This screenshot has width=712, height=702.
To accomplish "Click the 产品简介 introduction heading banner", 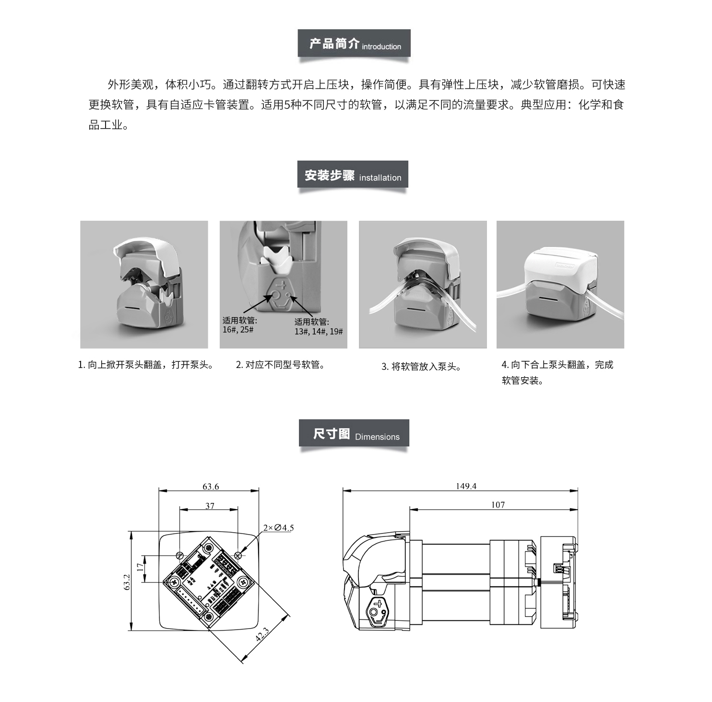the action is point(354,44).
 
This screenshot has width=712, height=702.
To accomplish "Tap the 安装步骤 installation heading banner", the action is point(353,175).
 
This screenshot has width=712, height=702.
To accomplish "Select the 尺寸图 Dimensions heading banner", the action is point(354,434).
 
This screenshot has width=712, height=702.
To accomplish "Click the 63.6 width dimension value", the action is point(211,487).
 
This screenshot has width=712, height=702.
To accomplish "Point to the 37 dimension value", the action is point(210,506).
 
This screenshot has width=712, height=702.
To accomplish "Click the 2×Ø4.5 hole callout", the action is point(278,528).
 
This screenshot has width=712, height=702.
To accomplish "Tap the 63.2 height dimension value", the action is point(127,582).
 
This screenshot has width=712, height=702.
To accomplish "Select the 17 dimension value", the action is point(140,567).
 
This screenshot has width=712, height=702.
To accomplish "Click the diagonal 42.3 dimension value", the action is point(262,634).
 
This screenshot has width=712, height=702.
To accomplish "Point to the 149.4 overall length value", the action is point(466,486).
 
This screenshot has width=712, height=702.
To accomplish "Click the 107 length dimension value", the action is point(498,505).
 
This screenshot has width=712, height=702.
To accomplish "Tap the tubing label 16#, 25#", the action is point(238,330).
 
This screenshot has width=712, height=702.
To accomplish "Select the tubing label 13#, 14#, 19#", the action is point(319,332).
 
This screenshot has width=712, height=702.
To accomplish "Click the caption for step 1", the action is point(146,365).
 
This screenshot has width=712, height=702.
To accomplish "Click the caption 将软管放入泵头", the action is point(422,367).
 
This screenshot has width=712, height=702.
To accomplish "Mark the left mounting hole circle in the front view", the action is point(180,555).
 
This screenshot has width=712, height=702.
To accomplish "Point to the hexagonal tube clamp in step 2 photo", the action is point(282,293).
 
